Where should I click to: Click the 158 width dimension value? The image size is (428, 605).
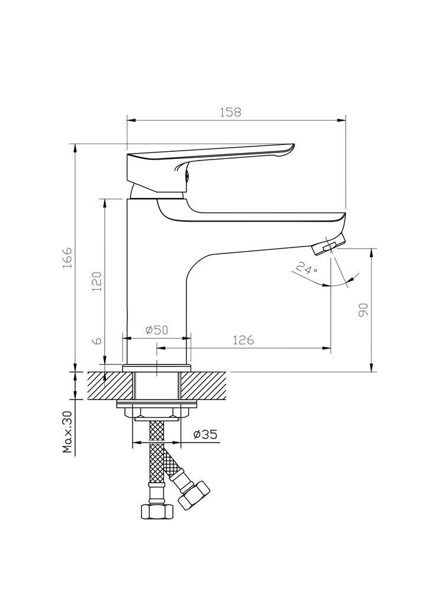point(230,112)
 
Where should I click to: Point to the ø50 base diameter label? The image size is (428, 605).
point(157,330)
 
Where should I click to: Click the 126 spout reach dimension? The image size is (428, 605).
point(243,340)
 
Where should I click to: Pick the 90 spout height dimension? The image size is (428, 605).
point(363,310)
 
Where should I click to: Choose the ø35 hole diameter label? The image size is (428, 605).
point(205,434)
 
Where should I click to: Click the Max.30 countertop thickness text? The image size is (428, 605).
point(67,432)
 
